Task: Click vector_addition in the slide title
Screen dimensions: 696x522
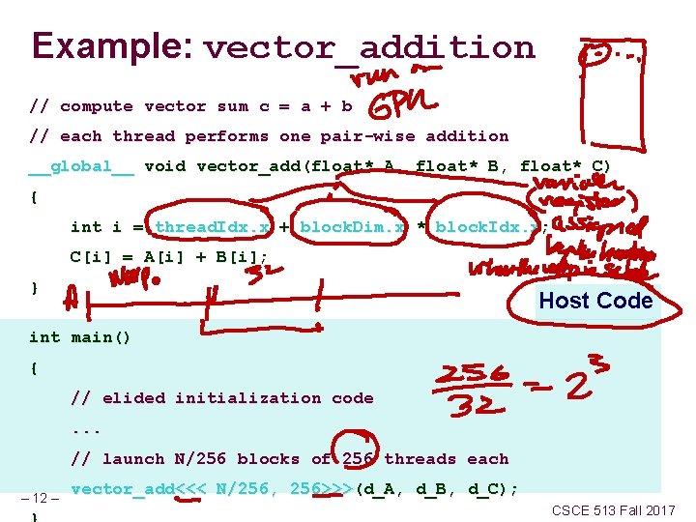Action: [x=370, y=47]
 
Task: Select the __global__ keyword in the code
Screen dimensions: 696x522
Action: [x=81, y=166]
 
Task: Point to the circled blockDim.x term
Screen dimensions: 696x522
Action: [x=352, y=227]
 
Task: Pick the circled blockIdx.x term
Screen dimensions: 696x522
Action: [x=486, y=227]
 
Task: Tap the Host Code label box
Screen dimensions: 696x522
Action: [x=595, y=301]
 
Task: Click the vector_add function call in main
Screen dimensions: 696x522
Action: [x=121, y=489]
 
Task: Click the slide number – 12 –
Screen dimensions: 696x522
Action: [x=41, y=499]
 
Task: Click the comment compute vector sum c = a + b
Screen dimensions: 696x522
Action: [x=190, y=106]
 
